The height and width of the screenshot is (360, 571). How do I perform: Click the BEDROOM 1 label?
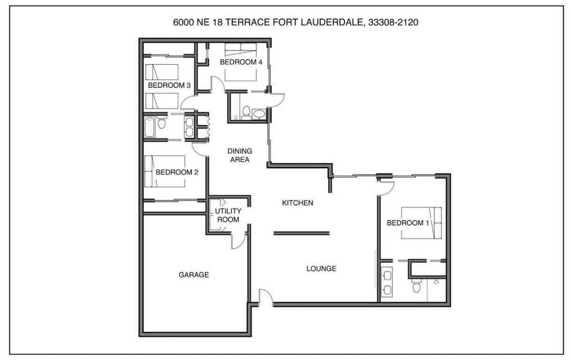(408, 223)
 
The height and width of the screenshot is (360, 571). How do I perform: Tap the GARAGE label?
(193, 275)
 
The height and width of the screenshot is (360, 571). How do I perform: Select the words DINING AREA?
(239, 155)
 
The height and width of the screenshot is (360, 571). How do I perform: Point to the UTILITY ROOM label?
(228, 215)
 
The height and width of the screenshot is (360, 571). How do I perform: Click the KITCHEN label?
(297, 203)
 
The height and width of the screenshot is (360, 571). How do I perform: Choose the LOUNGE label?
(321, 269)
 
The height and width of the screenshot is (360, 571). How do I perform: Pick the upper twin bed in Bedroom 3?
(162, 72)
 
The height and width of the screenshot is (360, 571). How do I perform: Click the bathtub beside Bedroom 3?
(149, 127)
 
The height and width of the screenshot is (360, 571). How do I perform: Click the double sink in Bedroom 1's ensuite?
(387, 282)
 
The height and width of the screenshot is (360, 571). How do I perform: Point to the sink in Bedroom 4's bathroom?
(259, 114)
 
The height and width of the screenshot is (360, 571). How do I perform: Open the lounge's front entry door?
(265, 298)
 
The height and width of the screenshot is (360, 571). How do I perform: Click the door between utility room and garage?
(238, 240)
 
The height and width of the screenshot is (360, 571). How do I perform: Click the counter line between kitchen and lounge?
(302, 232)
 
